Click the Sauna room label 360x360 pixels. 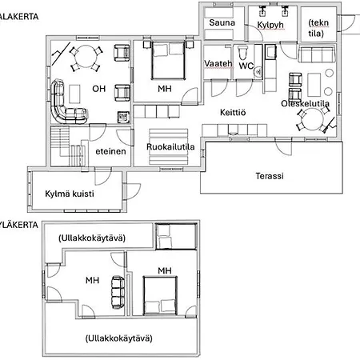click(222, 22)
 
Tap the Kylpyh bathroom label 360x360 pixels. click(270, 25)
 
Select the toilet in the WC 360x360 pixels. click(242, 53)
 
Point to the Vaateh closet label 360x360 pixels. click(218, 63)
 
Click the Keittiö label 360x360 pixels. click(233, 112)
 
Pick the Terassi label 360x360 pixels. click(270, 176)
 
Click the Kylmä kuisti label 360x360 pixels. click(70, 194)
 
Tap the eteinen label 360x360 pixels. click(110, 151)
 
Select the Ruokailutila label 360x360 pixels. click(170, 146)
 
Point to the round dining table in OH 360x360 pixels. click(86, 58)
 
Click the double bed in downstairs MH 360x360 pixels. click(168, 61)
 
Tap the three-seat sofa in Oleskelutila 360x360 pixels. click(316, 54)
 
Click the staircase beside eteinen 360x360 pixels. click(68, 146)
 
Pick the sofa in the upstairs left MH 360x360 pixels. click(118, 293)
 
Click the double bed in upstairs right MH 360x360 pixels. click(160, 296)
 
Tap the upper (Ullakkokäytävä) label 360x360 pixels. click(92, 238)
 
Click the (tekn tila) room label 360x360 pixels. click(318, 28)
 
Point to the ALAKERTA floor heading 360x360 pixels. click(18, 17)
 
